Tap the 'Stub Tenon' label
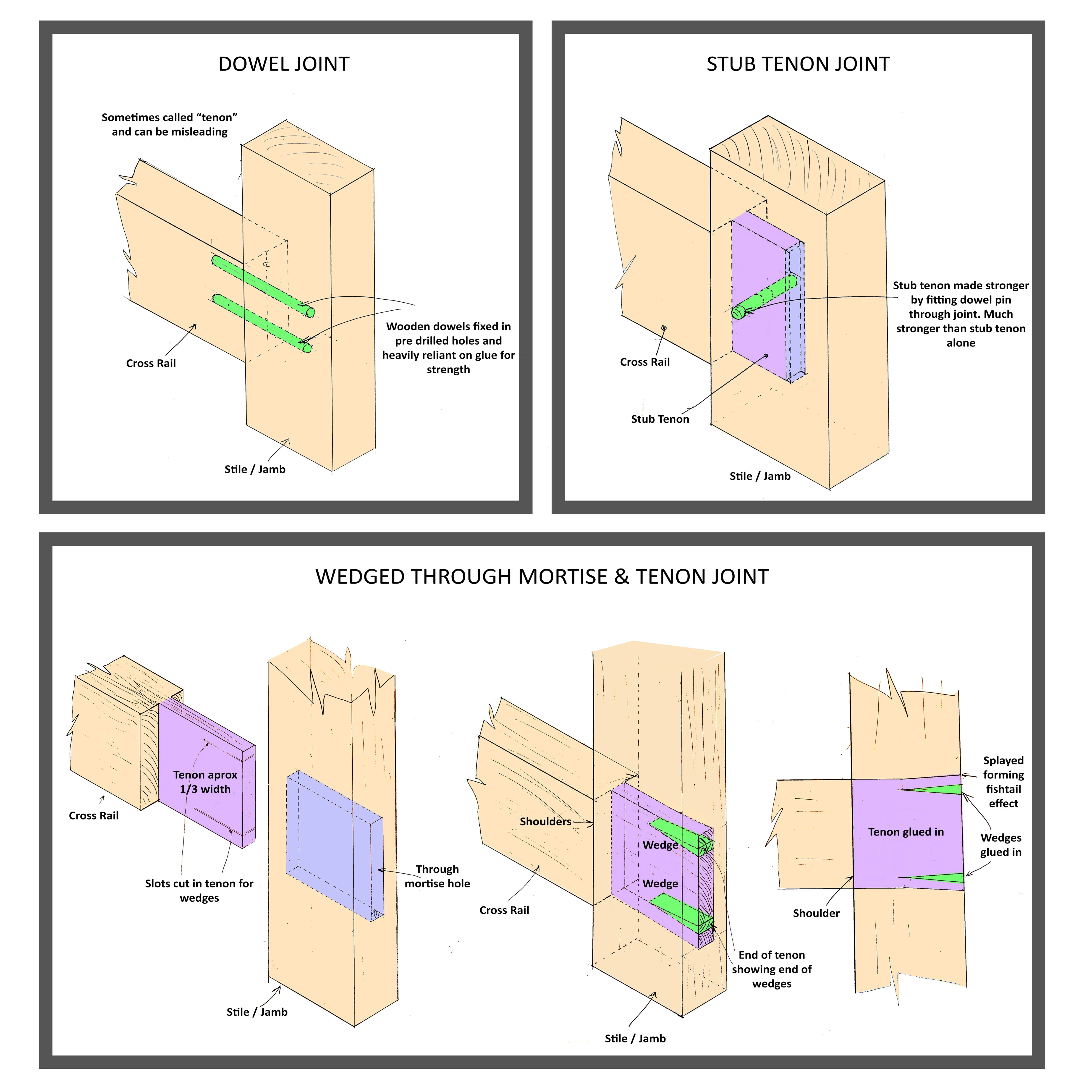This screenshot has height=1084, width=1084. pos(660,419)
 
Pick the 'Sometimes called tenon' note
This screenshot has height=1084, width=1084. pos(169,125)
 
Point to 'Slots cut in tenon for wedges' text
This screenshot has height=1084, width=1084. pos(199,890)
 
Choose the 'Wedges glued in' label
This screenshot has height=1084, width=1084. pos(1000,845)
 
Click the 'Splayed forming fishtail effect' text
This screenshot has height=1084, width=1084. pos(1003,782)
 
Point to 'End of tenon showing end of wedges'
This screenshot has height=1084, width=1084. pos(772,969)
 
